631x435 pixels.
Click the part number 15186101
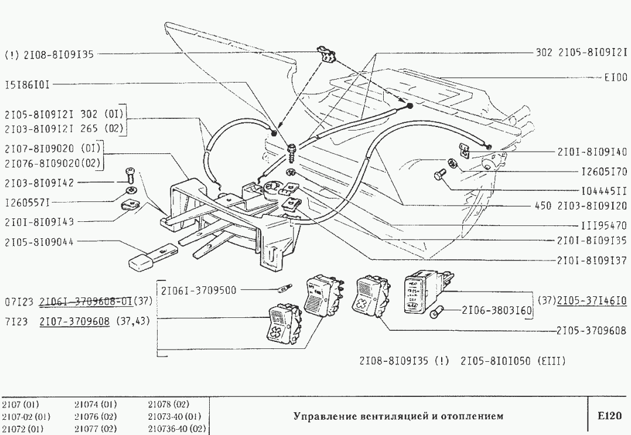pyautogui.click(x=27, y=84)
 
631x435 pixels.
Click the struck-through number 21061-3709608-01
pyautogui.click(x=85, y=302)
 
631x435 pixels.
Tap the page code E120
pyautogui.click(x=609, y=416)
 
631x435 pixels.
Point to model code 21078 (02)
pyautogui.click(x=168, y=405)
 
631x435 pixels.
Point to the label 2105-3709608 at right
pyautogui.click(x=591, y=330)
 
